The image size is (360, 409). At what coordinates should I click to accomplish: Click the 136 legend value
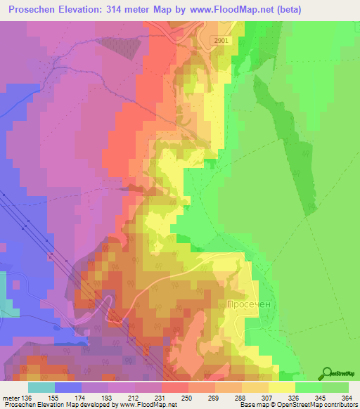pos(27,397)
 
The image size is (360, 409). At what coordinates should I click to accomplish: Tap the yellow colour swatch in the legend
pos(282,387)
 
